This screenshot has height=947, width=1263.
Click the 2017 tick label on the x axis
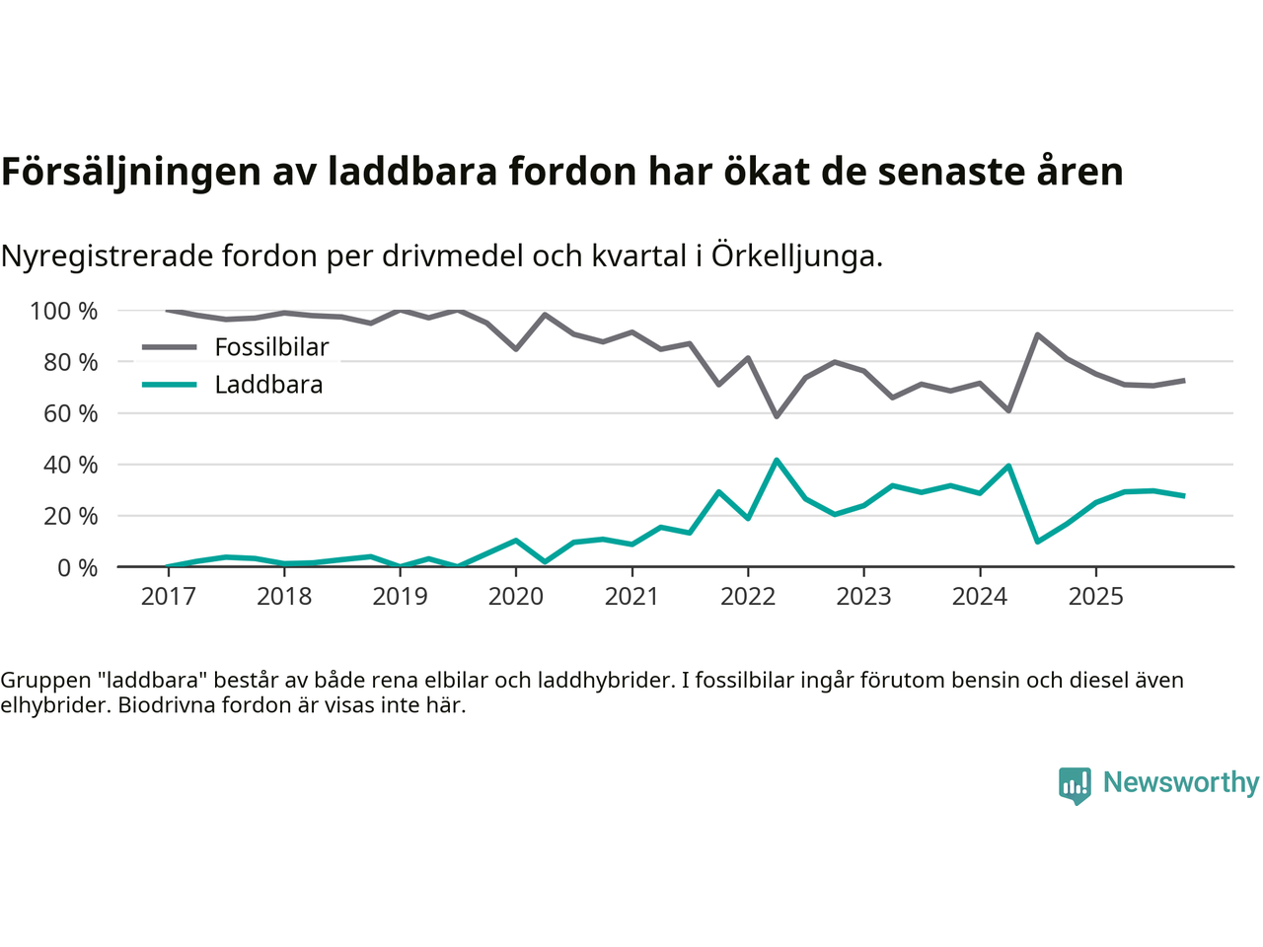click(x=169, y=596)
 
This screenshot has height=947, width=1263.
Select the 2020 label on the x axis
click(x=516, y=596)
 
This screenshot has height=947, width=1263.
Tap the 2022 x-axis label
click(x=748, y=596)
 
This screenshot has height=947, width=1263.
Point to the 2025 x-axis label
click(x=1095, y=596)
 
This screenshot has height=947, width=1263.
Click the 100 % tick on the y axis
click(x=64, y=312)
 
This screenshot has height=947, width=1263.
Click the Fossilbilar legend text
click(x=271, y=347)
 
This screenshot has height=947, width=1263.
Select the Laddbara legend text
click(x=268, y=385)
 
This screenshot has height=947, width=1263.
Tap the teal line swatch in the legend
click(x=170, y=385)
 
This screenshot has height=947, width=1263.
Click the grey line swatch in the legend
click(x=170, y=347)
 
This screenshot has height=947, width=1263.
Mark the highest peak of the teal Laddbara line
click(x=777, y=460)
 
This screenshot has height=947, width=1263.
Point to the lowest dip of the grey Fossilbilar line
click(x=777, y=416)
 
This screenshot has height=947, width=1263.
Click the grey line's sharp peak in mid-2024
click(x=1037, y=334)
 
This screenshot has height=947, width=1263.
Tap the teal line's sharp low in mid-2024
click(x=1037, y=542)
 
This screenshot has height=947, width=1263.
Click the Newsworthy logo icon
click(x=1075, y=785)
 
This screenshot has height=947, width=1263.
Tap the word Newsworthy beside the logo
click(x=1181, y=782)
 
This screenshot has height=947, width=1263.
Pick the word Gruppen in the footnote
click(x=38, y=680)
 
